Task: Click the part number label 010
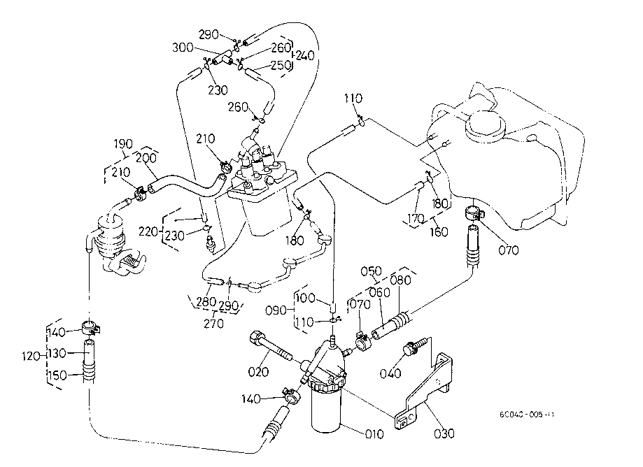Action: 374,434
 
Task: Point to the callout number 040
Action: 390,373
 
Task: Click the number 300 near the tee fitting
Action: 183,48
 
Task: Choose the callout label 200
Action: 146,159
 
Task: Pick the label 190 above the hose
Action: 123,144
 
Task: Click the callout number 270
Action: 213,324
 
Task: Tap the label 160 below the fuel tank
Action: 439,231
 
